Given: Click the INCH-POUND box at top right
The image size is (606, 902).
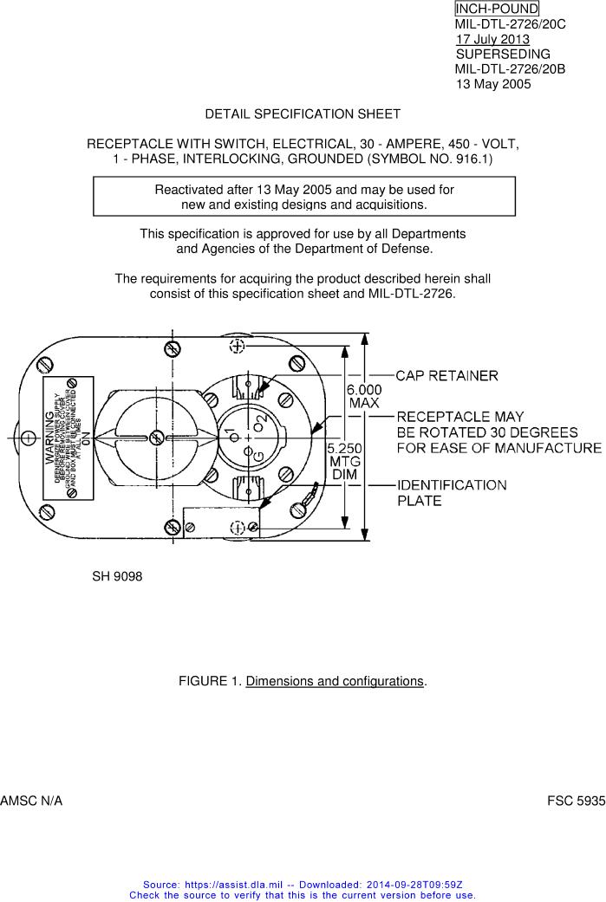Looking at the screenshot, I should coord(496,9).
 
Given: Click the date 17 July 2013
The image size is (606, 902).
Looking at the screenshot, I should coord(492,39).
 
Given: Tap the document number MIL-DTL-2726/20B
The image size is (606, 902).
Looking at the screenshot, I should coord(510,69).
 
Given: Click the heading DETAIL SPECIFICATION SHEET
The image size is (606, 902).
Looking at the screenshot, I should coord(303,114).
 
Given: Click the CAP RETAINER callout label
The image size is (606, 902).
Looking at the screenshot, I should coord(446,376).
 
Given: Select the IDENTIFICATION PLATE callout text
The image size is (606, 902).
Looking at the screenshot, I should coord(452,493).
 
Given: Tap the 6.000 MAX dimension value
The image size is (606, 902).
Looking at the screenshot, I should coord(364,397).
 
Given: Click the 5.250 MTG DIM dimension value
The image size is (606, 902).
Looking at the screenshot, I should coord(345,461).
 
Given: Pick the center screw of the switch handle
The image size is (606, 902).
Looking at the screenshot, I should coord(155,436).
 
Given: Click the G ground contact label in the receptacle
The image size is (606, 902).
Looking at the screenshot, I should coord(258,457).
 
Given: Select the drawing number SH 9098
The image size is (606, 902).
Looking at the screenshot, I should coord(117,576).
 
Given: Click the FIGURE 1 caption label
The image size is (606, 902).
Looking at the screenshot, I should coord(211,681).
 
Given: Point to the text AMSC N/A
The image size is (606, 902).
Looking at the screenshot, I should coord(31,802).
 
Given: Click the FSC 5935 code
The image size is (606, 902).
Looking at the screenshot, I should coord(576,802).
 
